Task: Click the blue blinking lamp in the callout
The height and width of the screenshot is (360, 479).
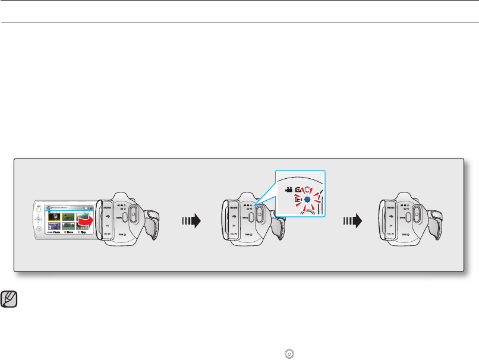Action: pos(308,200)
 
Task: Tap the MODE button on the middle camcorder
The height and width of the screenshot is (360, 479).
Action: pos(251,217)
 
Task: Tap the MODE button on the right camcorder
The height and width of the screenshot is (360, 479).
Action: pos(408,217)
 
